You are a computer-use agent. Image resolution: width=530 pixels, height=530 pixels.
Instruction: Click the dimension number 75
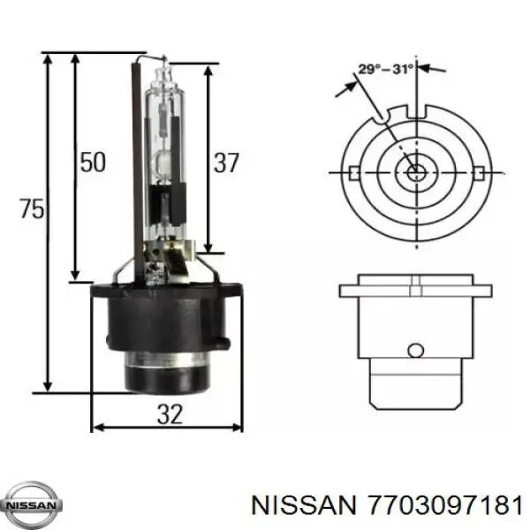point(32,208)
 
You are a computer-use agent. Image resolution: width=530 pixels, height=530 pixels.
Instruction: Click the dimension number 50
point(93,162)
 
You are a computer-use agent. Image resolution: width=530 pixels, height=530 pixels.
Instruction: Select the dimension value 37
point(226,163)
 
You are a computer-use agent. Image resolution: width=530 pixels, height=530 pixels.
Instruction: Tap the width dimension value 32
point(170,413)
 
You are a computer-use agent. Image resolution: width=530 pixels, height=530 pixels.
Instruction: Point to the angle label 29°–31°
point(386,69)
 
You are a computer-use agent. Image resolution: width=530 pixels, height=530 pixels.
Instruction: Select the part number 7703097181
point(446,505)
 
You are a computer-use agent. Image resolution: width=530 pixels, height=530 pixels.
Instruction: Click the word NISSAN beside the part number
point(304,505)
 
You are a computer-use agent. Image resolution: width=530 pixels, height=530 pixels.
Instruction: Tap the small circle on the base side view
point(415,350)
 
